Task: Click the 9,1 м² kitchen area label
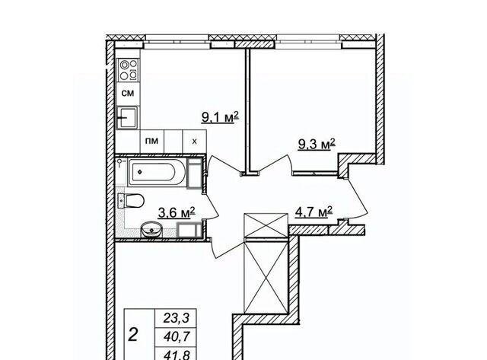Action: click(220, 117)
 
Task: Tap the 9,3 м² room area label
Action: click(317, 145)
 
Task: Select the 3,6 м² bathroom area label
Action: click(177, 213)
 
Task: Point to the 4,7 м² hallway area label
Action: click(314, 212)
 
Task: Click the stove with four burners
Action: click(129, 70)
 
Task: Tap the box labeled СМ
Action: click(128, 93)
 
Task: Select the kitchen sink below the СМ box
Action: click(127, 118)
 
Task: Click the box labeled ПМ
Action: click(152, 142)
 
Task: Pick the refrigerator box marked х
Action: click(195, 142)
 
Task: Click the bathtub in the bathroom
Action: click(158, 172)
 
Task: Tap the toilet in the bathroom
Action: click(130, 201)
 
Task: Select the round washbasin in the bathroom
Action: click(151, 229)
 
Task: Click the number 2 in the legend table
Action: click(133, 336)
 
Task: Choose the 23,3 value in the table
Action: click(177, 317)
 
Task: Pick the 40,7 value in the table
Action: click(177, 336)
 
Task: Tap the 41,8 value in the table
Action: click(177, 355)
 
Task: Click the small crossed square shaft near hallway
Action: click(266, 225)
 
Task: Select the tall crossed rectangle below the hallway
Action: click(266, 277)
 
